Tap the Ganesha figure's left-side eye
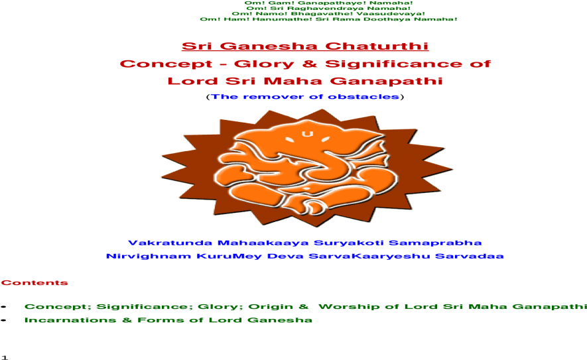click(290, 141)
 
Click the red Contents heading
click(34, 283)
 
